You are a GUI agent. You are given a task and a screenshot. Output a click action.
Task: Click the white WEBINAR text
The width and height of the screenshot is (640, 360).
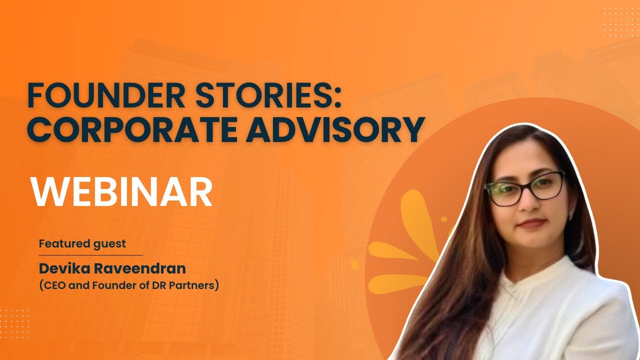[x=121, y=192]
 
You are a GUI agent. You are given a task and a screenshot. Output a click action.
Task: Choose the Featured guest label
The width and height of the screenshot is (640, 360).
[x=82, y=244]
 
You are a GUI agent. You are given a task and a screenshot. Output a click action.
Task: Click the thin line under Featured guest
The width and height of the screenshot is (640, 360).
[x=90, y=255]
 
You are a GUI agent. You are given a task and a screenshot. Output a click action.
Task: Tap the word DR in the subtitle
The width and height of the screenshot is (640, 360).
[x=157, y=286]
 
